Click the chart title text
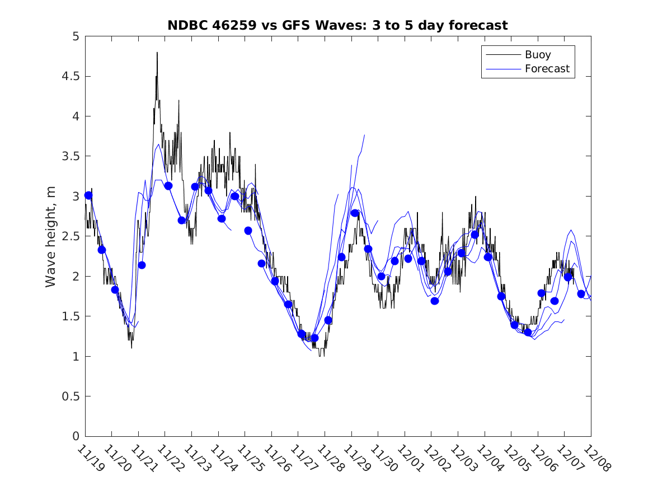click(x=337, y=25)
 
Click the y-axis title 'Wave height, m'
click(x=51, y=236)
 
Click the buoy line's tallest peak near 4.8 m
click(x=157, y=53)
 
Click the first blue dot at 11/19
click(x=88, y=195)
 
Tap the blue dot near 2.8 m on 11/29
click(x=355, y=213)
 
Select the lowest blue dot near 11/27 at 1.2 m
click(x=314, y=338)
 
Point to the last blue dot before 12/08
click(x=581, y=293)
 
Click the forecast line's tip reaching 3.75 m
click(x=364, y=135)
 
